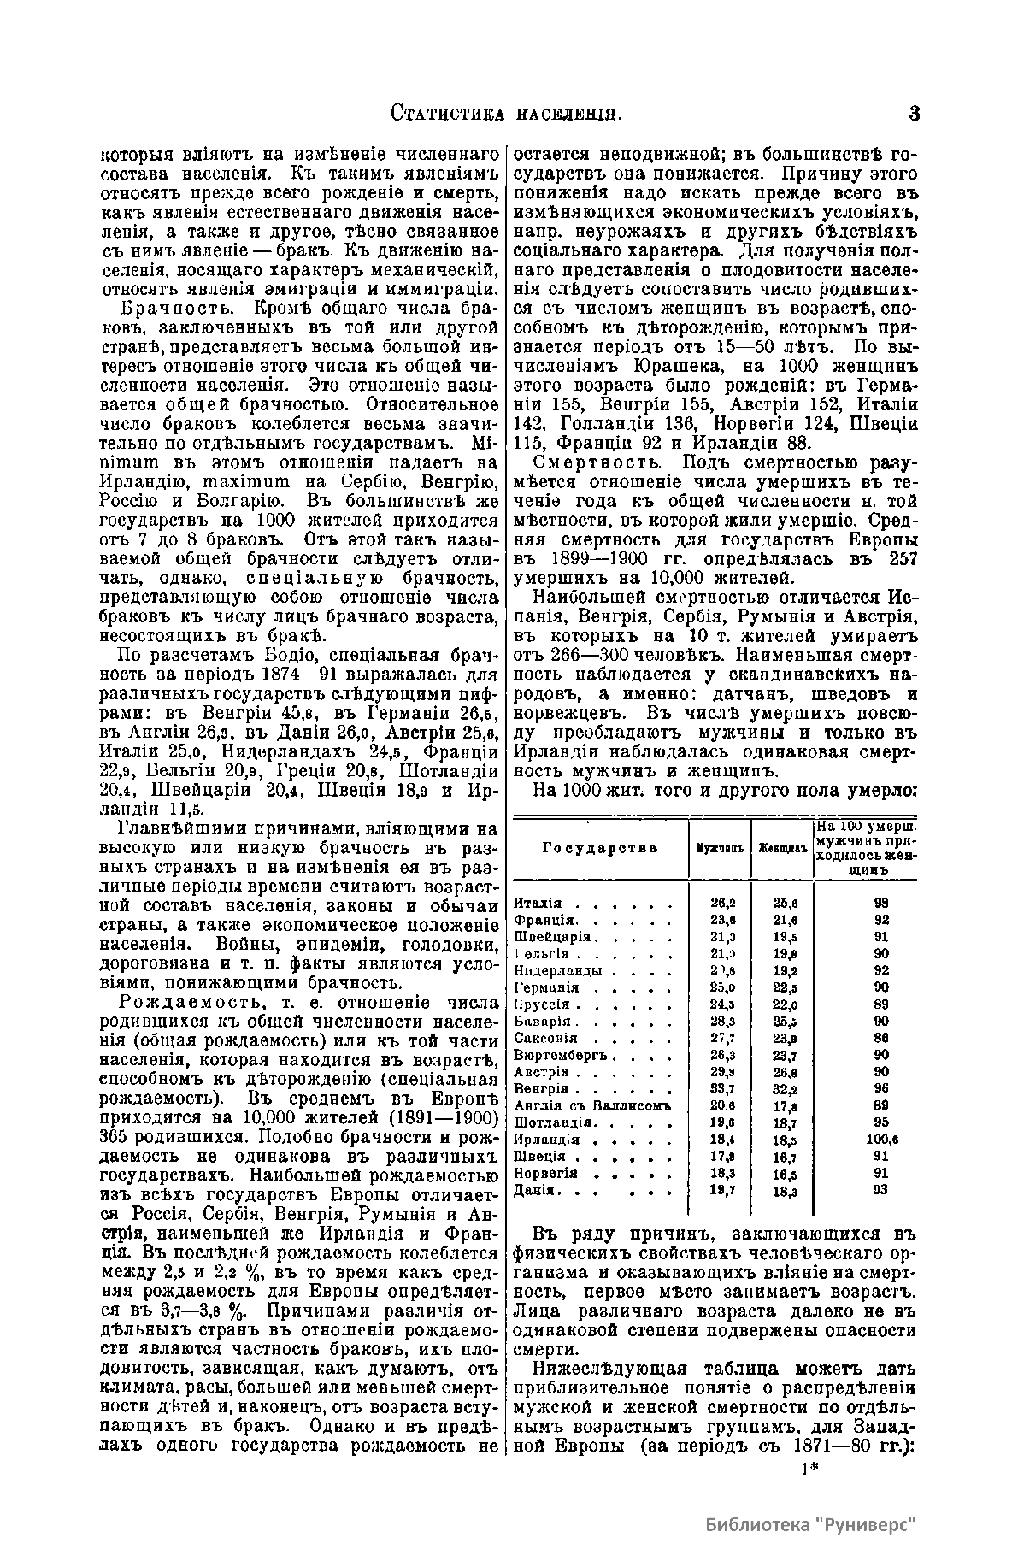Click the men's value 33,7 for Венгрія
point(723,1088)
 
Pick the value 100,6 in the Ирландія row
point(881,1139)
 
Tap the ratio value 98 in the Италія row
point(880,904)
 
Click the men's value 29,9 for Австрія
point(723,1071)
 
